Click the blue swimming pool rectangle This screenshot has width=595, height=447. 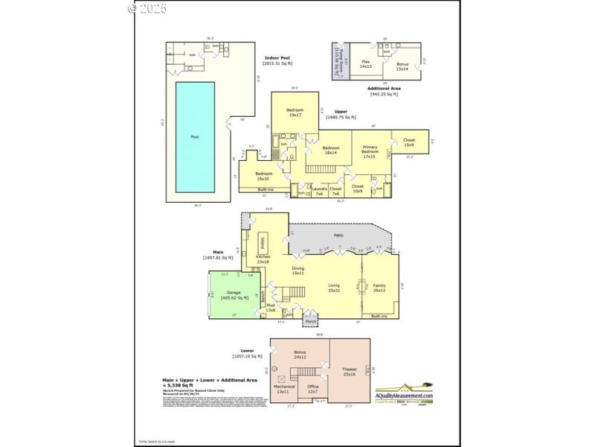tap(195, 137)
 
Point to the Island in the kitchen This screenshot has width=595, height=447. tap(262, 243)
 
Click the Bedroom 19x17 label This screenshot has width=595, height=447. tap(295, 112)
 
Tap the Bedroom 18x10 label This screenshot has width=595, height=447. tap(263, 176)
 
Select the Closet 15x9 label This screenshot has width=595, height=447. tap(409, 142)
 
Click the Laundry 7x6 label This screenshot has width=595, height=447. tap(318, 191)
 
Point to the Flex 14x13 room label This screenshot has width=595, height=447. tap(366, 63)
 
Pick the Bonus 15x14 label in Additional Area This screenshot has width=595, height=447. tap(402, 66)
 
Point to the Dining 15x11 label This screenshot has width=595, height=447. tap(297, 270)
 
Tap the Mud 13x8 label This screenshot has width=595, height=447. tap(271, 307)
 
